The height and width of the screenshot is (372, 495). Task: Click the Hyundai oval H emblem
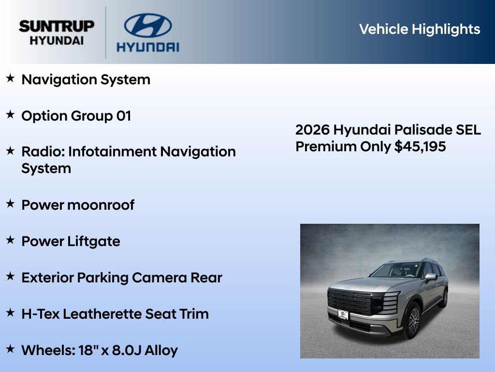pyautogui.click(x=147, y=25)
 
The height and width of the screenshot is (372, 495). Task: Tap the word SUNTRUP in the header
pyautogui.click(x=57, y=26)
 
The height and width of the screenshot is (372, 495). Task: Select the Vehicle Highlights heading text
pyautogui.click(x=420, y=29)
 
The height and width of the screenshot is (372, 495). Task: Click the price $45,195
pyautogui.click(x=420, y=146)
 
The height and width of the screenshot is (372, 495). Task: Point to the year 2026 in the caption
pyautogui.click(x=312, y=130)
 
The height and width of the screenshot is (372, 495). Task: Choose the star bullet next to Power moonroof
pyautogui.click(x=10, y=204)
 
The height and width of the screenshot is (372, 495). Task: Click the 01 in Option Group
pyautogui.click(x=124, y=116)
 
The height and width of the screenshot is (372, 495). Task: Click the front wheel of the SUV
pyautogui.click(x=412, y=320)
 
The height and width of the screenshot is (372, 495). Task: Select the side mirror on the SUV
pyautogui.click(x=430, y=278)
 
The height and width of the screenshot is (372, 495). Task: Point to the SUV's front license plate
pyautogui.click(x=343, y=315)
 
